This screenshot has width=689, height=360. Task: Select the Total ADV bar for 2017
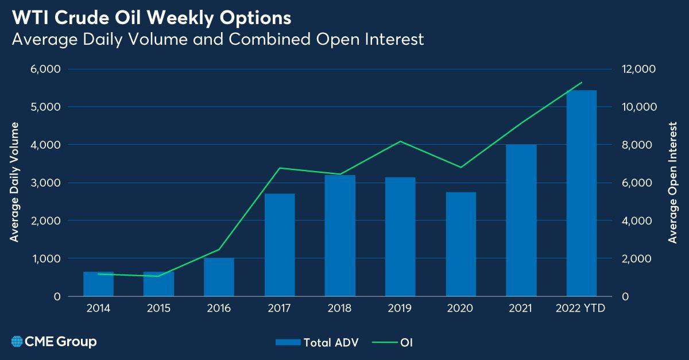coord(280,245)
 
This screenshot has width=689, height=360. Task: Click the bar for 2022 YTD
coord(581,193)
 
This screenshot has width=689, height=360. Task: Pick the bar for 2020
coord(460,245)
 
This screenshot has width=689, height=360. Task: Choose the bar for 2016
coord(219,277)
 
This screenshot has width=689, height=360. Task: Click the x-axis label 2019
coord(400,309)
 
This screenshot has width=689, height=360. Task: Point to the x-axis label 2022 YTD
coord(581,309)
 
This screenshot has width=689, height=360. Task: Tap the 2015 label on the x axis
coord(158,309)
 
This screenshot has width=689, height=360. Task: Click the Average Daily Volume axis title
coord(15,182)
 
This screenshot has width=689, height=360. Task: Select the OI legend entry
coord(396,343)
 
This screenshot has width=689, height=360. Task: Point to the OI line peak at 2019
coord(400,141)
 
